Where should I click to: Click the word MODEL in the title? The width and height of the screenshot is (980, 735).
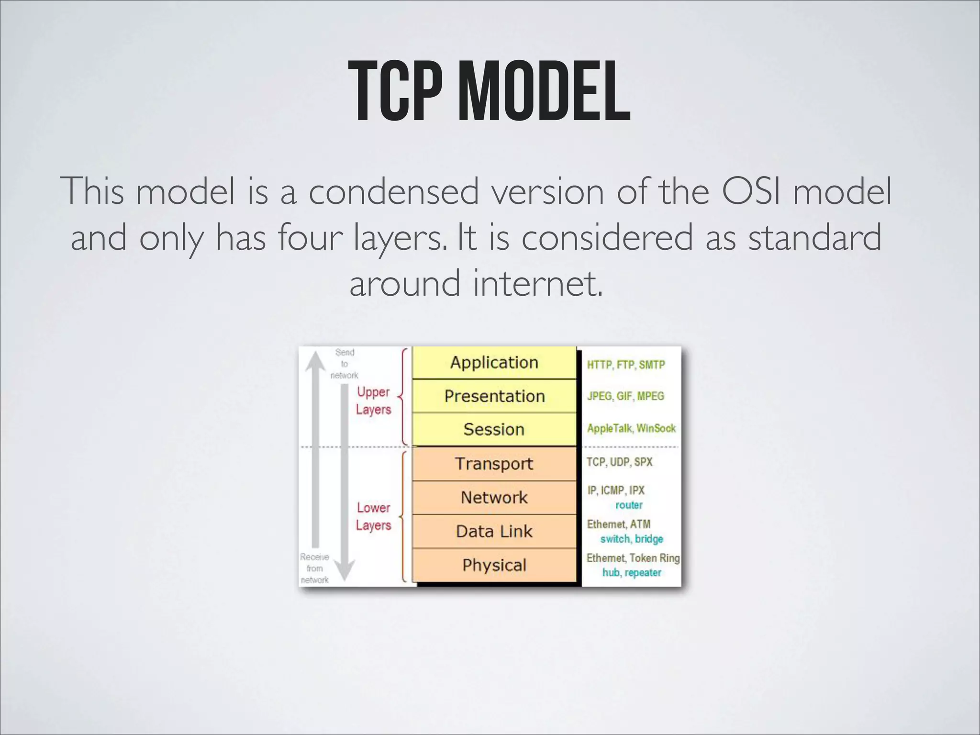[544, 92]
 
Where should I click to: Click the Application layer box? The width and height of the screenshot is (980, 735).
[494, 363]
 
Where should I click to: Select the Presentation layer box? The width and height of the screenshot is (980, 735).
[494, 396]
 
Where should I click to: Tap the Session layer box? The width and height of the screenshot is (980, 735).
[494, 429]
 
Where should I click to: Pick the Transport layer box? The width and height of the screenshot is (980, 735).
[494, 464]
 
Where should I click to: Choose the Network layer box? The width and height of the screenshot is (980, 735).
[494, 498]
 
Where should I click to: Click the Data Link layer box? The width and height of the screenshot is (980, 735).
[494, 532]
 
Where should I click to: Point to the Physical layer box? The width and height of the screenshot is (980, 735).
[494, 565]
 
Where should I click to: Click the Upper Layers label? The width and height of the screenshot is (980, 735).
[373, 401]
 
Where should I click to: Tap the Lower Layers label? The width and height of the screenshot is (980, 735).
[373, 516]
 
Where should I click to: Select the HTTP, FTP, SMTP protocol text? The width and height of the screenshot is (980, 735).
[626, 365]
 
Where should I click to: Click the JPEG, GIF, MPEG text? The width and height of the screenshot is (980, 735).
[626, 396]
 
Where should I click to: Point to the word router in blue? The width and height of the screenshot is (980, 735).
[629, 505]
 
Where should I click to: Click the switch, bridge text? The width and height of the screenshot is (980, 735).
[632, 539]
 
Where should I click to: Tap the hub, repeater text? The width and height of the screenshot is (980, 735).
[632, 573]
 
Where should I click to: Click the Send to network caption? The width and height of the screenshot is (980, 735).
[345, 364]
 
